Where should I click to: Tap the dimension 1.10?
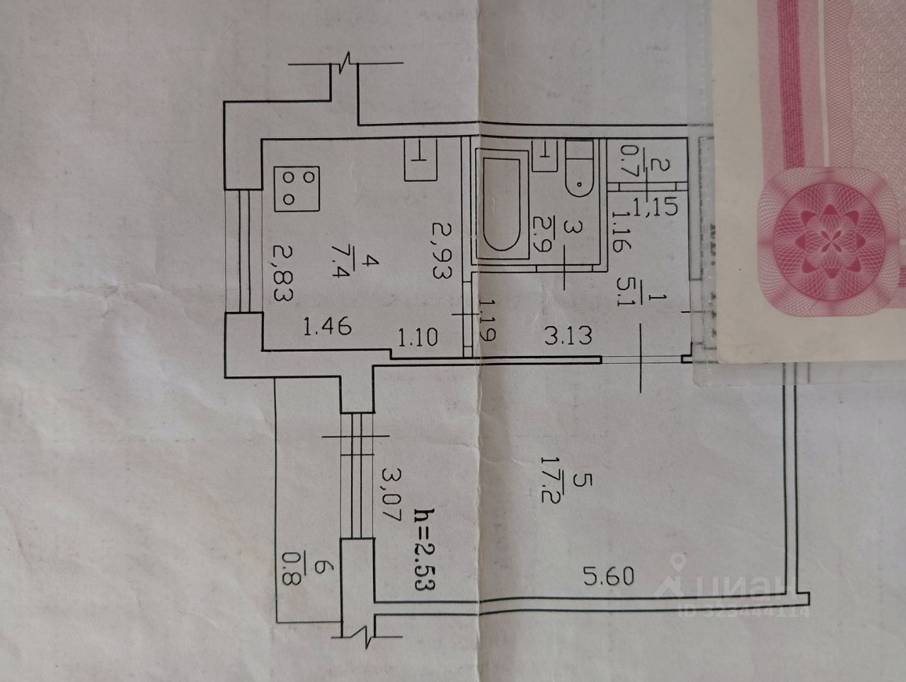(x=418, y=337)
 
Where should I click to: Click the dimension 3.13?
(x=568, y=333)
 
